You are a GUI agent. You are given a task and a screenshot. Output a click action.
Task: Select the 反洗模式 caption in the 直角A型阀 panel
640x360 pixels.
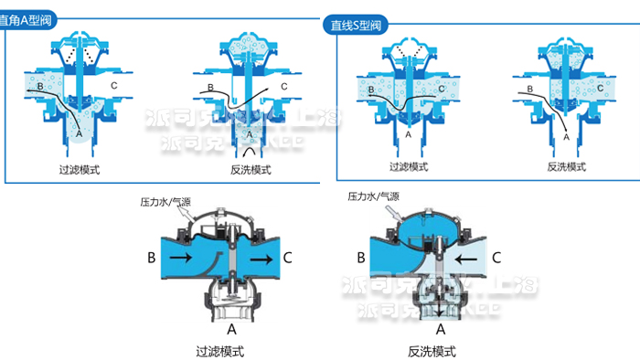tap(251, 170)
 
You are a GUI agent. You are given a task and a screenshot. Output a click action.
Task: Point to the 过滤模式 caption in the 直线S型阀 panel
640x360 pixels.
tap(409, 166)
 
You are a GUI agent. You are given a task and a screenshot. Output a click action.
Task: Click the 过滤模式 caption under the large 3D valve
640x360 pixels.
tap(220, 351)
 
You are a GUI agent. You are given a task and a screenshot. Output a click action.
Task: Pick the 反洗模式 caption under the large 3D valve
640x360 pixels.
tap(432, 351)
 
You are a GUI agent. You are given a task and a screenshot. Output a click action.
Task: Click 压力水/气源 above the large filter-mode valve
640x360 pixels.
tap(166, 201)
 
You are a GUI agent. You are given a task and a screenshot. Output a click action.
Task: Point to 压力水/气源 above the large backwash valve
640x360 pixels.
tap(372, 196)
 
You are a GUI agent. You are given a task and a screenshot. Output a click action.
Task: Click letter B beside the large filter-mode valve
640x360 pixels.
tap(150, 259)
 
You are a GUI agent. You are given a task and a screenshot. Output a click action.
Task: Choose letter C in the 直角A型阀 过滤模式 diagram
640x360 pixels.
tap(113, 85)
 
